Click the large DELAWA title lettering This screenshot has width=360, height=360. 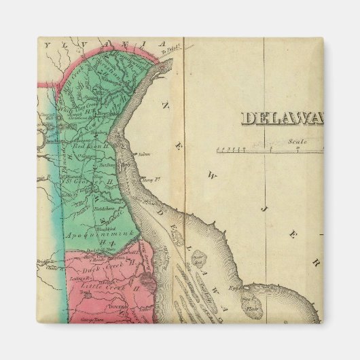(283, 118)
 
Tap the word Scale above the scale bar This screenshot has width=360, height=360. (296, 141)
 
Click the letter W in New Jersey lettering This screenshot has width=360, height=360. (211, 175)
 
